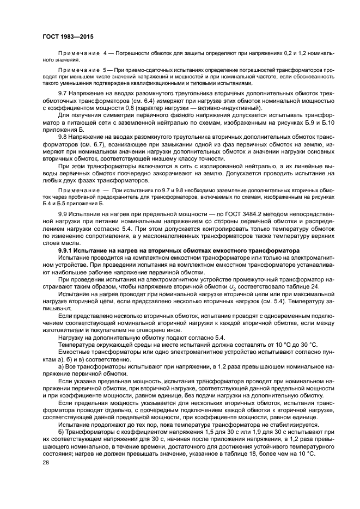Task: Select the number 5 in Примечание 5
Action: click(x=105, y=70)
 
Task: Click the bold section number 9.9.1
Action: click(x=67, y=250)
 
